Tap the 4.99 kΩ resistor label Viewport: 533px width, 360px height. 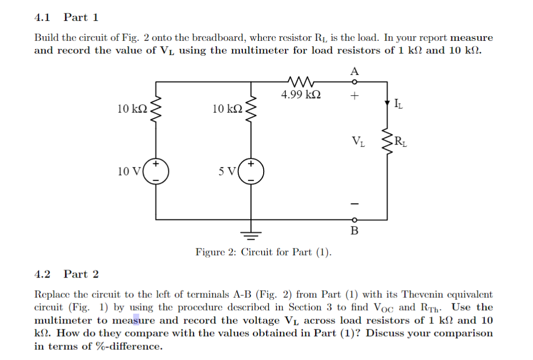click(301, 95)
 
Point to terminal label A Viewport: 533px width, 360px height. click(355, 71)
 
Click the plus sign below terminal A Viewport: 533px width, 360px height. click(355, 95)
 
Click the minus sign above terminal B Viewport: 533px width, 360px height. click(355, 203)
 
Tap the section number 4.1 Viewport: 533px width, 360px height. click(42, 17)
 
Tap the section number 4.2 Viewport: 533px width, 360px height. click(42, 274)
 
